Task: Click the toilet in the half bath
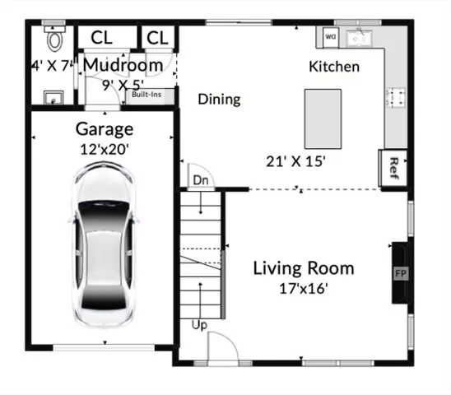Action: [56, 39]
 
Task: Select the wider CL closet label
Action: [102, 38]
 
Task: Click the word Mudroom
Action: [123, 64]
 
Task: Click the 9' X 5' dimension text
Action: [123, 83]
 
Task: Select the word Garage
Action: [104, 129]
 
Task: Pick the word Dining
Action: [219, 100]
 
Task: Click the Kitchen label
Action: [333, 67]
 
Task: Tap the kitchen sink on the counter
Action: [359, 37]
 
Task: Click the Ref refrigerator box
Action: [393, 166]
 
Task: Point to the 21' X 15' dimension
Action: [295, 161]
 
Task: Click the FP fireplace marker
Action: [401, 272]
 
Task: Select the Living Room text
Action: [303, 268]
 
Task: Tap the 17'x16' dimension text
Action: [303, 288]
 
